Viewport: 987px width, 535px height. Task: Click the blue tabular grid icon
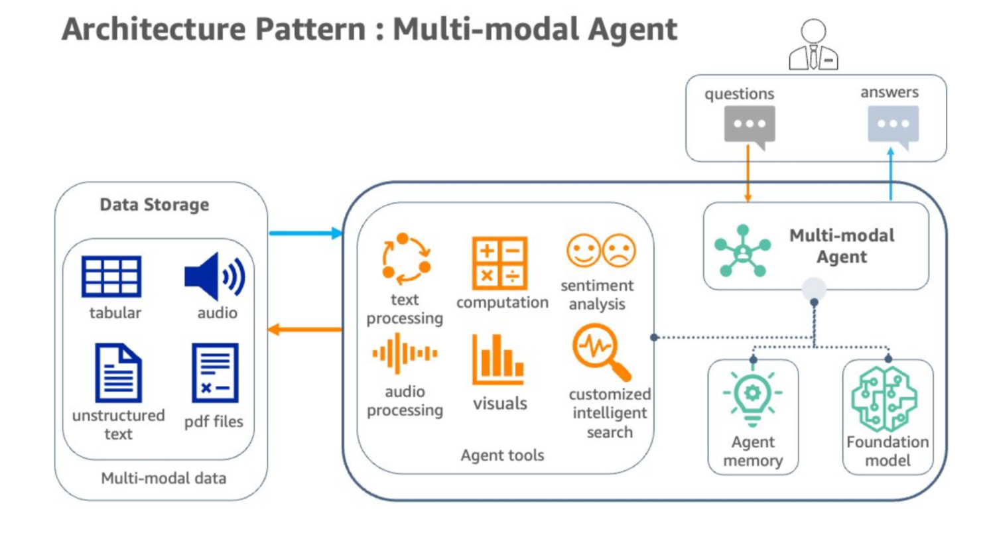click(x=111, y=276)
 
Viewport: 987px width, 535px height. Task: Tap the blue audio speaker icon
click(x=215, y=276)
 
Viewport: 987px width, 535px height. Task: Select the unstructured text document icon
click(x=118, y=373)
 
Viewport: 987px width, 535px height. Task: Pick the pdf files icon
click(x=215, y=373)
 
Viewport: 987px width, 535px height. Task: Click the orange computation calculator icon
click(x=499, y=263)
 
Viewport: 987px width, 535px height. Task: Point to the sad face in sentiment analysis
click(x=619, y=251)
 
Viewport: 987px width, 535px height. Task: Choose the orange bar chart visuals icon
click(x=498, y=359)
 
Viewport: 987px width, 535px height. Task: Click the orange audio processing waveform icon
click(x=405, y=353)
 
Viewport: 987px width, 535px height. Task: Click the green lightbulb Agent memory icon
click(x=753, y=398)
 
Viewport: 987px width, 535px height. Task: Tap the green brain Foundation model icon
click(x=885, y=398)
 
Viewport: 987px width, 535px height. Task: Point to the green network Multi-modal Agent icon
click(x=743, y=251)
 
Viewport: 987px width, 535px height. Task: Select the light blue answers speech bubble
click(x=893, y=127)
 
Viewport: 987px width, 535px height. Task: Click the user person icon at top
click(x=813, y=44)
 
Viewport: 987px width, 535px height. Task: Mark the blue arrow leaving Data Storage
click(x=306, y=233)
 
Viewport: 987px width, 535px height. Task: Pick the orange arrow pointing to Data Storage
click(x=304, y=329)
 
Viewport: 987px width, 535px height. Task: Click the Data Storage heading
click(x=154, y=205)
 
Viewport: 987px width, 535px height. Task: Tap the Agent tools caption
click(x=502, y=455)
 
